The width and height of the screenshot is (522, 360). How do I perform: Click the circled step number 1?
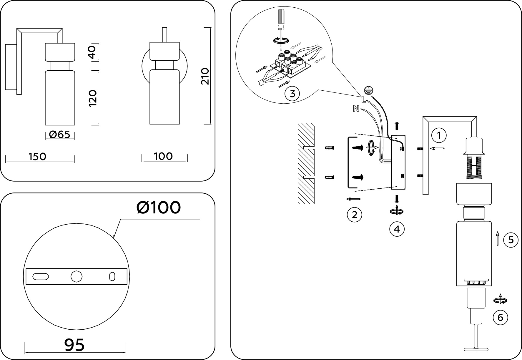pos(439,136)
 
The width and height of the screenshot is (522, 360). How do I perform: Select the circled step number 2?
pos(354,215)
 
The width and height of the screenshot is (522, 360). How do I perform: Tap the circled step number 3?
pos(292,94)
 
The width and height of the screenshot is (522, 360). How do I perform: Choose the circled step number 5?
pos(511,240)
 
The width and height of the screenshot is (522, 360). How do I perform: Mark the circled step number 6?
pos(500,317)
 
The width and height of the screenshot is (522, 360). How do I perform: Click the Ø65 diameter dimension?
pos(60,135)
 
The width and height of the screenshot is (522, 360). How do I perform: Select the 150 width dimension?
pos(38,157)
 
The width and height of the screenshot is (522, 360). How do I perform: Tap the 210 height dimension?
pos(205,76)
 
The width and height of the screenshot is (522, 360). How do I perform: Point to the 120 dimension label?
pos(93,98)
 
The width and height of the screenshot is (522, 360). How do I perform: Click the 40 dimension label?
pos(93,52)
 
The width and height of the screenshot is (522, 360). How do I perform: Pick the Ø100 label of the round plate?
pos(159,208)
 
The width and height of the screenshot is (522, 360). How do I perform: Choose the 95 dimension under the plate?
pos(74,345)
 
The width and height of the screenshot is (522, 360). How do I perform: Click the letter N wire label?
pos(356,109)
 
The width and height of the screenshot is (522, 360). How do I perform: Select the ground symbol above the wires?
pos(368,90)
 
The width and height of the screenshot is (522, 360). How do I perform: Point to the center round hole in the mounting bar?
pos(77,276)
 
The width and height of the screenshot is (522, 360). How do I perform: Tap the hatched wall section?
pos(306,164)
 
